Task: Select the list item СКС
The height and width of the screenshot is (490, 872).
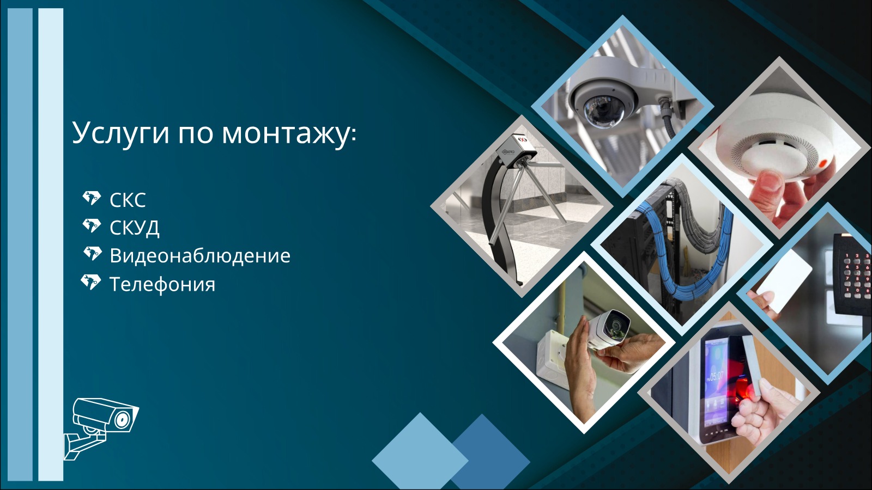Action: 128,200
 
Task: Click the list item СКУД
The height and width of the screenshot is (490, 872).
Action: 134,228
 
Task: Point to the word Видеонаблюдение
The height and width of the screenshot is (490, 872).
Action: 200,256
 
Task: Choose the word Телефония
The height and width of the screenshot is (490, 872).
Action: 162,284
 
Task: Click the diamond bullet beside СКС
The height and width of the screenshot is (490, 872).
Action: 92,198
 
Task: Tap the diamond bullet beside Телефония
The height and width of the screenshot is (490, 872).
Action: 90,282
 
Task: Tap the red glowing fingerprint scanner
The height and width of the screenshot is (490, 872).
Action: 744,390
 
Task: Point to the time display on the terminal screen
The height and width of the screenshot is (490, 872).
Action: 716,376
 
